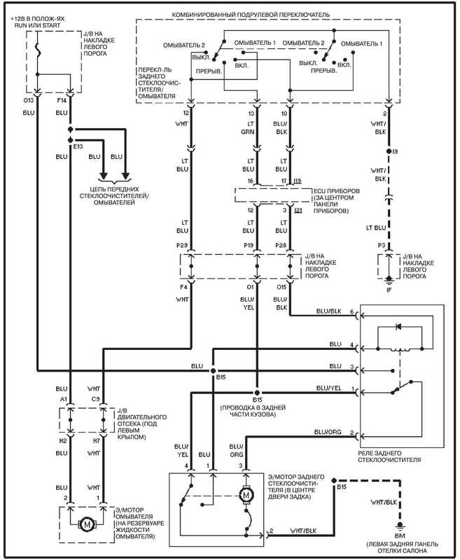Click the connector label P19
click(249, 247)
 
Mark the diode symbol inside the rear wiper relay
click(399, 326)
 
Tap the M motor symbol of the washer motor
click(87, 523)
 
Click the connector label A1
click(62, 400)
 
